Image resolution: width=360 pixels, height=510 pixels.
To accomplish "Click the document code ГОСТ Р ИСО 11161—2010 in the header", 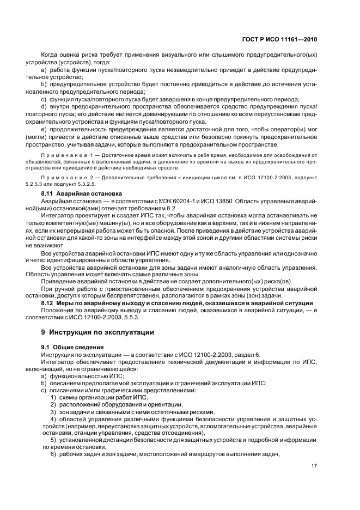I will [278, 40].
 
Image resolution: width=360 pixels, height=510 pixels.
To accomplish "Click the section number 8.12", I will [50, 303].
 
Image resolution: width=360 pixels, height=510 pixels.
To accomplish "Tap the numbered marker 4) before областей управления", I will [53, 418].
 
